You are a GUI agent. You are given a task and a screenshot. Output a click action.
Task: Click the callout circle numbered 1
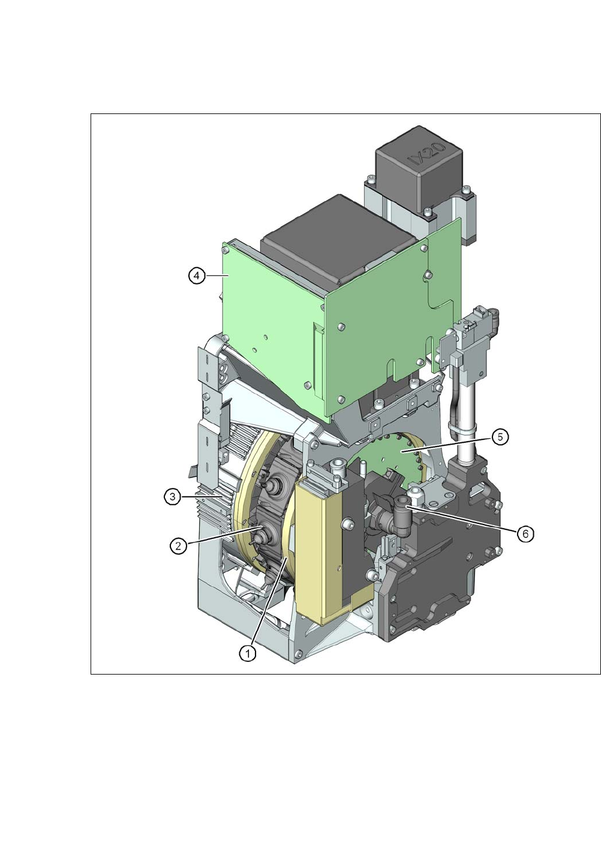pyautogui.click(x=248, y=654)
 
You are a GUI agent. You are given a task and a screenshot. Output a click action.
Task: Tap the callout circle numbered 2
pyautogui.click(x=178, y=546)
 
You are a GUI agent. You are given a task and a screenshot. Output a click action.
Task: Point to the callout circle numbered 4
pyautogui.click(x=197, y=276)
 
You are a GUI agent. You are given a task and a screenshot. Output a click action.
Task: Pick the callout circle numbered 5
pyautogui.click(x=500, y=438)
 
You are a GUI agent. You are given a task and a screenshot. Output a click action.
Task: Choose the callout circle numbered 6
pyautogui.click(x=525, y=534)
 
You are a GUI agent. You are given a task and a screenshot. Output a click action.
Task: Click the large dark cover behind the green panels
pyautogui.click(x=338, y=239)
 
